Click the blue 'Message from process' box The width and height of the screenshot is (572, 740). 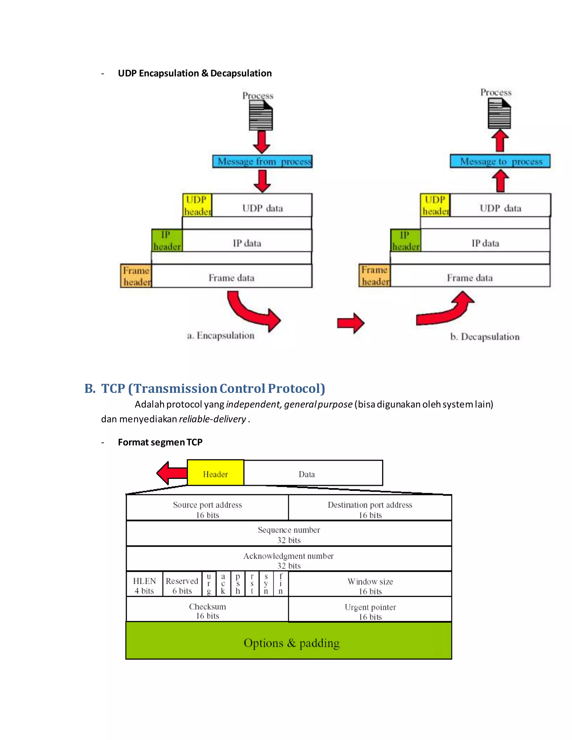coord(262,161)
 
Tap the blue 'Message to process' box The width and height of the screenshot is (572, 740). coord(500,161)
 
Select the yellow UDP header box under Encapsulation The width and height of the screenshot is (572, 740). coord(197,205)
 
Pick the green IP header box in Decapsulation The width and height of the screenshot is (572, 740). coord(405,240)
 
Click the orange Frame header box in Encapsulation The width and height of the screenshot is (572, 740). coord(136,276)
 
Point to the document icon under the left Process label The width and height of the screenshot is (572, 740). coord(261,116)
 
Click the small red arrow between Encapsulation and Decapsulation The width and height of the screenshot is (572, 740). coord(351,323)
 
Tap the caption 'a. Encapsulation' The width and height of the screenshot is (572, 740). coord(221,335)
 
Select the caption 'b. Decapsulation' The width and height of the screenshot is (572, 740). coord(485,337)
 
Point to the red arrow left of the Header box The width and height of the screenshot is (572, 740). coord(172,473)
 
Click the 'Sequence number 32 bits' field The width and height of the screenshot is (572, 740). coord(289,534)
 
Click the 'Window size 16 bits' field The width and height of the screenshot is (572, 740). coord(370,586)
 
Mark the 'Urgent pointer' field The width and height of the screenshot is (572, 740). coord(370,611)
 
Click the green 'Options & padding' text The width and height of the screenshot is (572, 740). coord(291,643)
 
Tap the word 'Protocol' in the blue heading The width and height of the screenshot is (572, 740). coord(296,388)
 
